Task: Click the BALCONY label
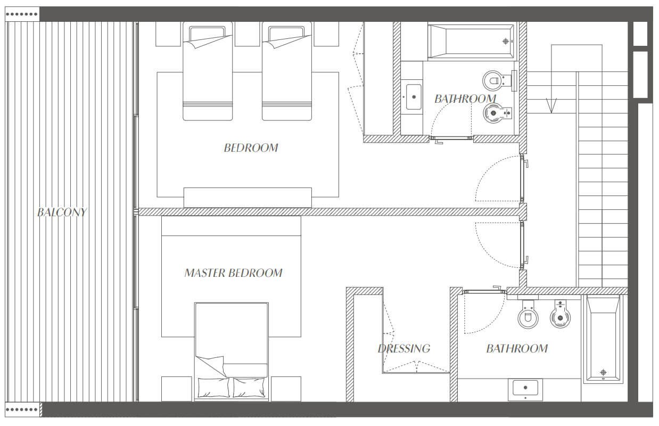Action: pos(62,212)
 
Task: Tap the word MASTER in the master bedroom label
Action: pos(205,273)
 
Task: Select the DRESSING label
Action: pos(404,349)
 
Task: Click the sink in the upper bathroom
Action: pos(414,97)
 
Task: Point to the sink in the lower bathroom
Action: pos(525,388)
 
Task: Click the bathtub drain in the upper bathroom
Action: pos(506,41)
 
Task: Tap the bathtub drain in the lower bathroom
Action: pos(603,372)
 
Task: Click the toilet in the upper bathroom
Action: pos(497,80)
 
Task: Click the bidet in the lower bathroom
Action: pos(560,314)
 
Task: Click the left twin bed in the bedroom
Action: pos(208,71)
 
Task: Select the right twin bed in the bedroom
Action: pos(287,71)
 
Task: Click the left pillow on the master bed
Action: pos(213,387)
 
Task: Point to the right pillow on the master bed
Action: pos(249,387)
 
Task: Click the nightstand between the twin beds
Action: pos(247,34)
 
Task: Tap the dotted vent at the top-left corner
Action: pos(22,14)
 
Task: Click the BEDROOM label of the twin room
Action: pos(251,148)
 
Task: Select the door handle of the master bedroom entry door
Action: pos(526,260)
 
